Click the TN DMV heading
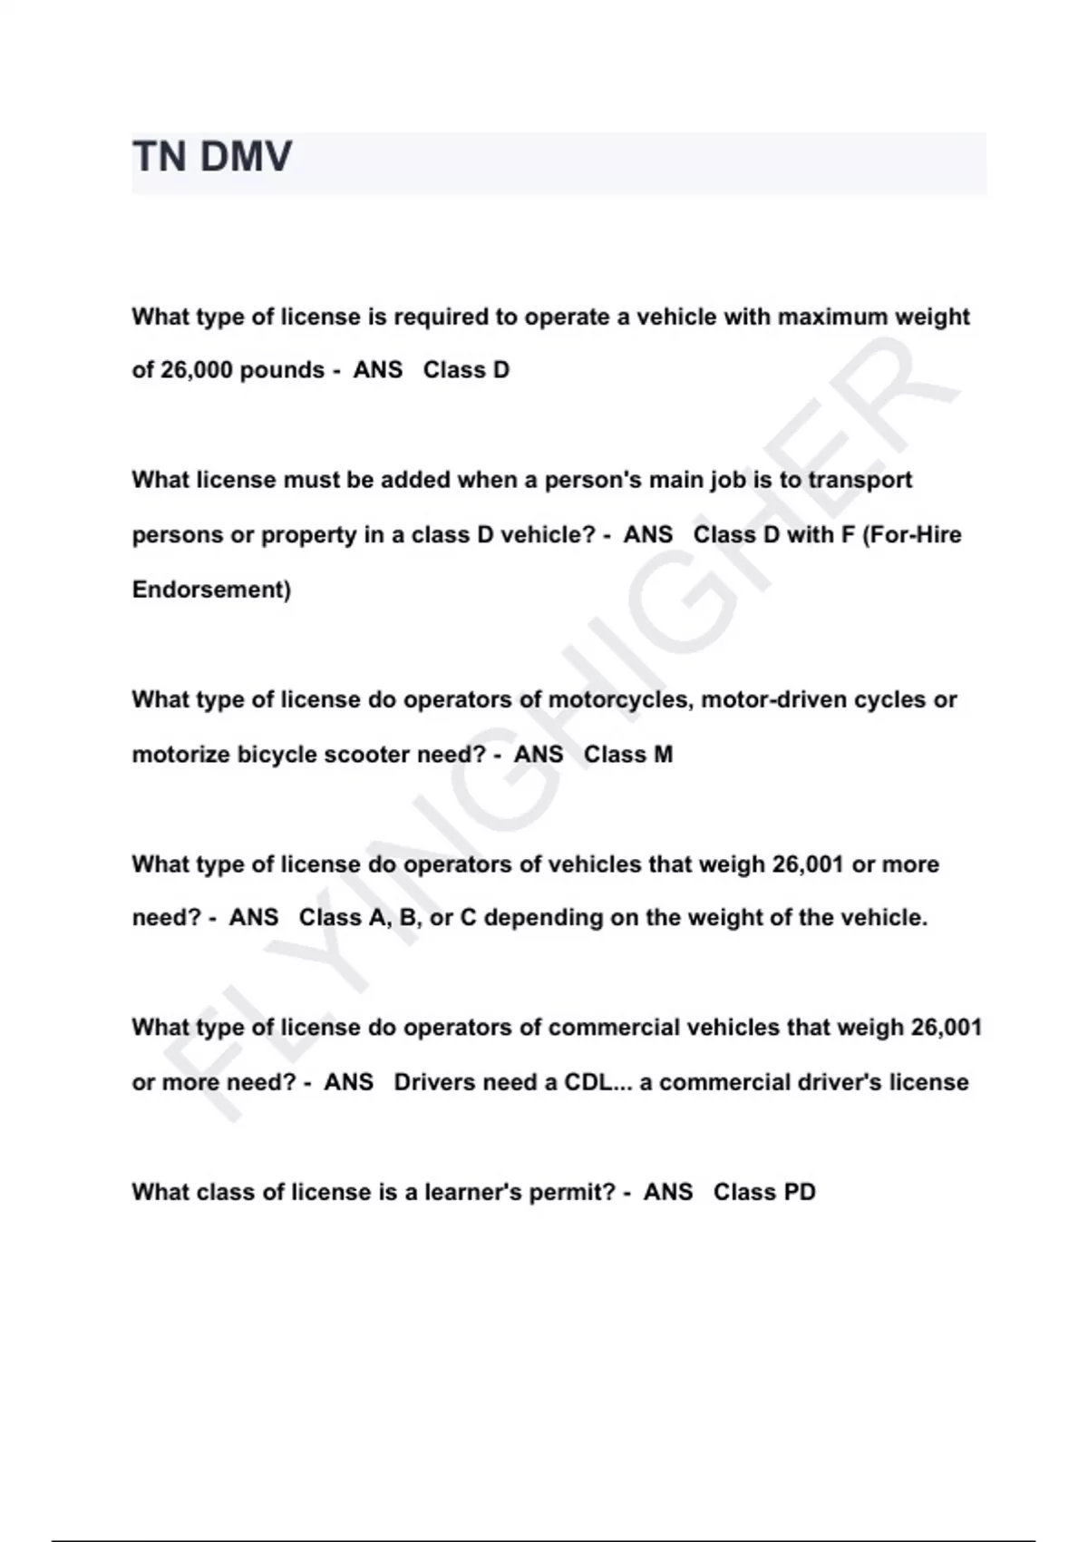pos(212,157)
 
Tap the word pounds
pos(282,370)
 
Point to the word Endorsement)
pos(211,590)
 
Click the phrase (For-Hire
pos(911,534)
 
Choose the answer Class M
pos(628,755)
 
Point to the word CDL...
pos(588,1082)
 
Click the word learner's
pos(472,1192)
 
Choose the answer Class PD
pos(764,1192)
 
